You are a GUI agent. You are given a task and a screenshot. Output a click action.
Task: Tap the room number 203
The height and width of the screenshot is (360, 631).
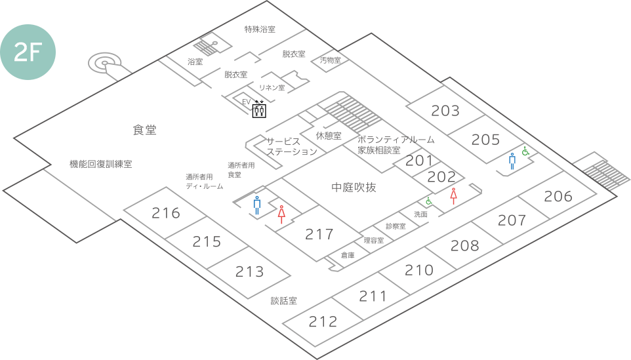[x=445, y=111]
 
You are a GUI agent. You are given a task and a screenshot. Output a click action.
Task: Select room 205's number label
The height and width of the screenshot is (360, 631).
[x=485, y=140]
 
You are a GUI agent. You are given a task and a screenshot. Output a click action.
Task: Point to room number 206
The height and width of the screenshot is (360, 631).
[x=558, y=196]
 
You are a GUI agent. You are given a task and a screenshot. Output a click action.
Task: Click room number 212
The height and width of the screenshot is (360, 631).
[x=323, y=322]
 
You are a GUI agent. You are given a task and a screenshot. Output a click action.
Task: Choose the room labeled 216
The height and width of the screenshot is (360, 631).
[x=166, y=212]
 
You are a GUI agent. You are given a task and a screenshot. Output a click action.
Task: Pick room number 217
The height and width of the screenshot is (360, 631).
[x=319, y=234]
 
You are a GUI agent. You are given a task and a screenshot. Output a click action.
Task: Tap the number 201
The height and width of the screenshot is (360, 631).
[x=420, y=160]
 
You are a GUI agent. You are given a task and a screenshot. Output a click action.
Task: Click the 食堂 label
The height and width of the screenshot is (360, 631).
[x=145, y=130]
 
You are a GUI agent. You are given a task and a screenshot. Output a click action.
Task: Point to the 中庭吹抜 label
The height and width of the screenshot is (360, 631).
[x=354, y=188]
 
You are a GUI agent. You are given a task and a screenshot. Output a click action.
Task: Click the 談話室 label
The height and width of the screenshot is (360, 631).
[x=284, y=301]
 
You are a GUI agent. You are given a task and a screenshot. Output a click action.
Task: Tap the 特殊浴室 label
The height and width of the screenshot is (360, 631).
[x=259, y=30]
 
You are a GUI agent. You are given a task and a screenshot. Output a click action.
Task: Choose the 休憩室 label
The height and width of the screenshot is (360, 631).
[x=328, y=136]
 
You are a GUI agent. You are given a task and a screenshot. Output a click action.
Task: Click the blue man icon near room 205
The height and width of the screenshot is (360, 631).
[x=512, y=161]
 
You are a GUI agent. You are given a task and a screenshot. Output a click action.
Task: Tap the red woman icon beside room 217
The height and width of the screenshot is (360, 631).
[x=281, y=215]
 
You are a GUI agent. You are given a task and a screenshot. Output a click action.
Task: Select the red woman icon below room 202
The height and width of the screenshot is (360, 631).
[x=453, y=195]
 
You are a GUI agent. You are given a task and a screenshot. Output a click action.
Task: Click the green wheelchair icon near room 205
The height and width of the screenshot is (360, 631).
[x=525, y=151]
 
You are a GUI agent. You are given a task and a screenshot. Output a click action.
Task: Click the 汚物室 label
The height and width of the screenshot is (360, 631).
[x=331, y=60]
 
